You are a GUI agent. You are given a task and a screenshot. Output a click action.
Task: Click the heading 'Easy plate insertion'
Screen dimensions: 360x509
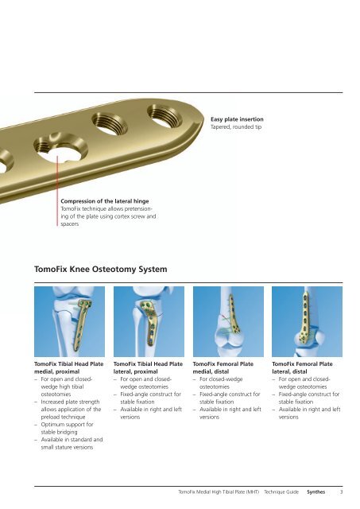237,119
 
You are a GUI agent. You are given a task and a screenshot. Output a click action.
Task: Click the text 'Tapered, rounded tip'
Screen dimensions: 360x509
236,127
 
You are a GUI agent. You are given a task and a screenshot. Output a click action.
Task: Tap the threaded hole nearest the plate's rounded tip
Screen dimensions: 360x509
165,116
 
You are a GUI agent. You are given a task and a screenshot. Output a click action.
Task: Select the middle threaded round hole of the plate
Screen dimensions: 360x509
110,124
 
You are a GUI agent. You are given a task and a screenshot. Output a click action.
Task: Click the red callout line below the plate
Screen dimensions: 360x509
57,191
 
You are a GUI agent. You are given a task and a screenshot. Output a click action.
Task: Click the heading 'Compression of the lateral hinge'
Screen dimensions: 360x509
104,201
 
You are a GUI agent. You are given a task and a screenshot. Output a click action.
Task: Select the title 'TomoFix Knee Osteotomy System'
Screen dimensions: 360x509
101,269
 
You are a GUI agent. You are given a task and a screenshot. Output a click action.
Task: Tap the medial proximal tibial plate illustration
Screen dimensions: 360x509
69,321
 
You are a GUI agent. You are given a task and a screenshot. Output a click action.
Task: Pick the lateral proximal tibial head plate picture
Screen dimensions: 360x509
149,321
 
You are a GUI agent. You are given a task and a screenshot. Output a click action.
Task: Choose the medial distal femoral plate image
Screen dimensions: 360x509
228,321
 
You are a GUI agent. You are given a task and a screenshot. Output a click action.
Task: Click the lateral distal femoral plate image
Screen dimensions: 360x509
307,321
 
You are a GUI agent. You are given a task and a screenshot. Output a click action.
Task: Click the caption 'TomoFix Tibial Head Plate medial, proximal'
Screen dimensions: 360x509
69,367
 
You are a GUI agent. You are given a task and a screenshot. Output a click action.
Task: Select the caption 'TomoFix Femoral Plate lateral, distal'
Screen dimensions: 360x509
302,367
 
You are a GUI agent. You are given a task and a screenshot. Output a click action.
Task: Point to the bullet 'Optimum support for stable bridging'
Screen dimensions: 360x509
67,428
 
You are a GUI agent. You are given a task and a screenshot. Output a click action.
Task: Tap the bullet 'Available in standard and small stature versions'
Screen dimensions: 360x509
69,444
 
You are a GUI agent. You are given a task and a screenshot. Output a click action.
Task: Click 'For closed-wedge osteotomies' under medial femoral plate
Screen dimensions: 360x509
221,383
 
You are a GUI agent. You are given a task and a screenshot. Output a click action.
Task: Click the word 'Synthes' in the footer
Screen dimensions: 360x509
315,492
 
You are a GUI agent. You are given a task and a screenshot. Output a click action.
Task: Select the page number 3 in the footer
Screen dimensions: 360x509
341,492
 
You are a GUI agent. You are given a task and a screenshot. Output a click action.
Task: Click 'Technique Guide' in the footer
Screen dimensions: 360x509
281,492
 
